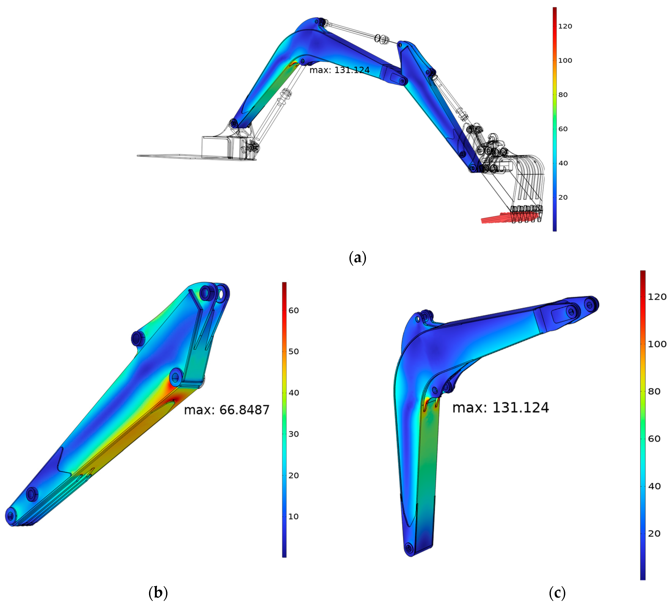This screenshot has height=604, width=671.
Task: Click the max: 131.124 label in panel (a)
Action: click(x=339, y=70)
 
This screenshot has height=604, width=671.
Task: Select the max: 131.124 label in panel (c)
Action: click(x=500, y=408)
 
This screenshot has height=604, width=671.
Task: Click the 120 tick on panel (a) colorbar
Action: click(x=565, y=26)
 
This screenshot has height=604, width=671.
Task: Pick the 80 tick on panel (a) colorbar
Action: click(x=563, y=95)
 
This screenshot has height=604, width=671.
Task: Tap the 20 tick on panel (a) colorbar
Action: click(x=563, y=197)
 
